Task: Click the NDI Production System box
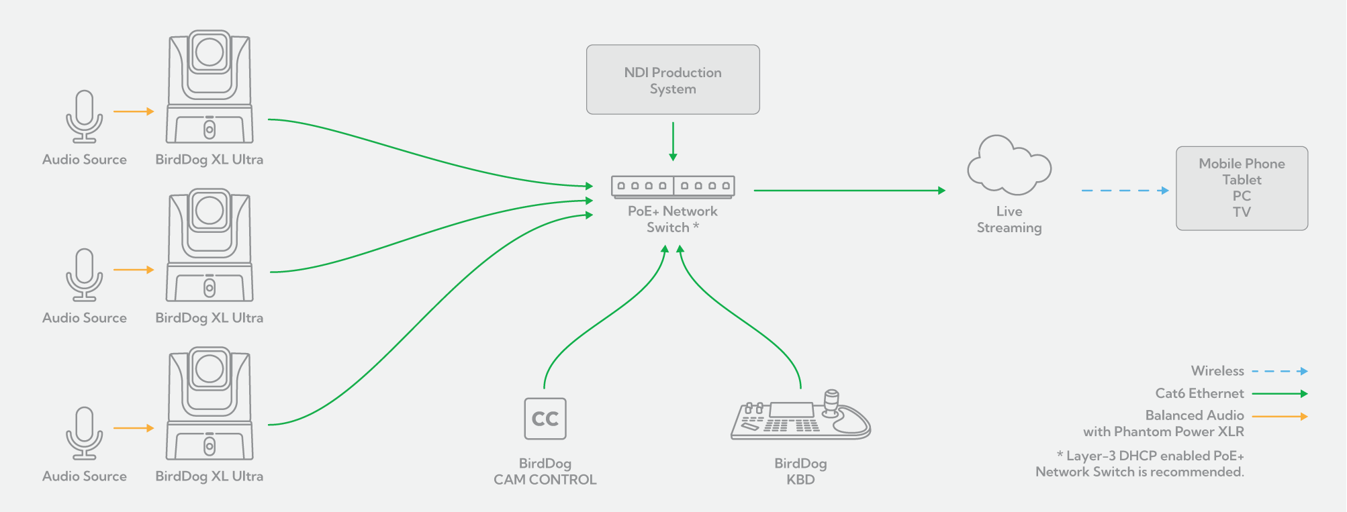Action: tap(673, 80)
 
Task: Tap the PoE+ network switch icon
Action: tap(673, 186)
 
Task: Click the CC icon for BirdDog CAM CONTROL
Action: tap(545, 419)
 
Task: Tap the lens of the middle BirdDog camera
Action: tap(210, 211)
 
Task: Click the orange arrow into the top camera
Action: tap(134, 111)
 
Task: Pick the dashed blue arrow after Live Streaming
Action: tap(1125, 191)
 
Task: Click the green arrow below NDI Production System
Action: tap(673, 142)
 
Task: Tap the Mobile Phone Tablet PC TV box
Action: tap(1242, 189)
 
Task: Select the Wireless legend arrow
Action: tap(1279, 371)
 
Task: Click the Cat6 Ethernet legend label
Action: tap(1199, 393)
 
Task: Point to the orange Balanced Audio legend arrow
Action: tap(1279, 417)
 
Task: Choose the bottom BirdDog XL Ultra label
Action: tap(210, 476)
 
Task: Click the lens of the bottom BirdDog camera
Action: tap(210, 369)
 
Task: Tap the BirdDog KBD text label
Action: tap(800, 471)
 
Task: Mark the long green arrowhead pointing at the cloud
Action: tap(941, 191)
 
